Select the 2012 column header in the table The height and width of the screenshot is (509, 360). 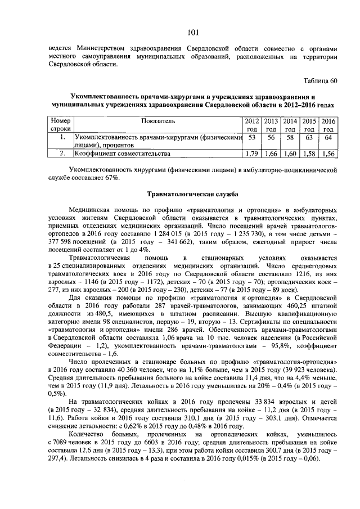tap(252, 124)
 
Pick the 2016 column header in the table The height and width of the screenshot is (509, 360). tap(328, 124)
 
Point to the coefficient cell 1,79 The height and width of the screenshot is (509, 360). tap(252, 153)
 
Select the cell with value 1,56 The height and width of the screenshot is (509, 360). tap(328, 153)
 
